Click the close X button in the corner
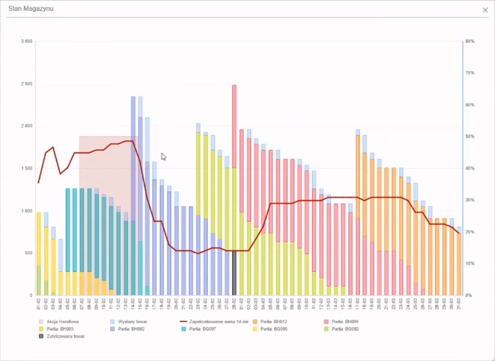pyautogui.click(x=485, y=10)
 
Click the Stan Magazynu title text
pyautogui.click(x=31, y=9)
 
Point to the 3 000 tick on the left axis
pyautogui.click(x=27, y=41)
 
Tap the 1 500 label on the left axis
pyautogui.click(x=27, y=168)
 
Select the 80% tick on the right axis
pyautogui.click(x=470, y=41)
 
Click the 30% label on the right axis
pyautogui.click(x=470, y=200)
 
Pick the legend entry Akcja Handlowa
pyautogui.click(x=62, y=322)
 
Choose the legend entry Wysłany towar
pyautogui.click(x=132, y=322)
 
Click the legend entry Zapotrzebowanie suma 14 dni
pyautogui.click(x=218, y=322)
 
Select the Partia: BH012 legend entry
pyautogui.click(x=274, y=322)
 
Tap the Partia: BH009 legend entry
pyautogui.click(x=345, y=322)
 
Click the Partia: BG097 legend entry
pyautogui.click(x=202, y=329)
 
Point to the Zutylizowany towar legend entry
pyautogui.click(x=65, y=336)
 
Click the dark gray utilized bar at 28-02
pyautogui.click(x=234, y=273)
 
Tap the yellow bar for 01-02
pyautogui.click(x=39, y=238)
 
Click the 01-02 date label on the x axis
pyautogui.click(x=39, y=304)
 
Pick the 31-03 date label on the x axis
pyautogui.click(x=459, y=304)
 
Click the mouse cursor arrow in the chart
pyautogui.click(x=163, y=156)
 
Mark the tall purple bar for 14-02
pyautogui.click(x=133, y=158)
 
